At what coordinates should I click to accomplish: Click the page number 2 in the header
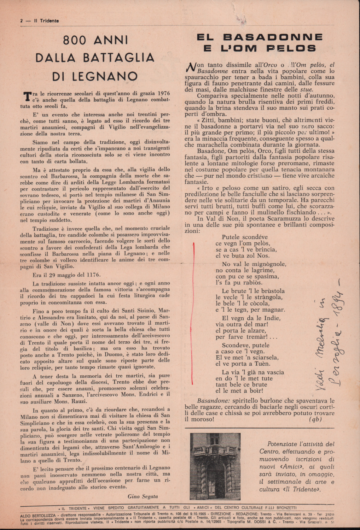(21, 21)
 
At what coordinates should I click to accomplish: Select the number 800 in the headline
(75, 40)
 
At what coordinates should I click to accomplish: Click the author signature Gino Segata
(143, 496)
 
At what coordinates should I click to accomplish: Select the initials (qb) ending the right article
(315, 419)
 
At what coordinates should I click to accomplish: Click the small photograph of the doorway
(215, 466)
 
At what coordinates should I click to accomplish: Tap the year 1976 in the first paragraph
(162, 93)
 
